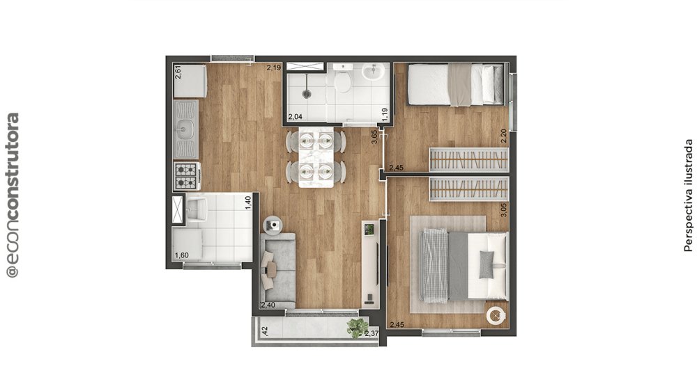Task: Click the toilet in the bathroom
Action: point(343,79)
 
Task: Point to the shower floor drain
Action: point(306,94)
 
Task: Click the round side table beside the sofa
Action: point(273,225)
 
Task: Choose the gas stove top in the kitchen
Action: point(186,176)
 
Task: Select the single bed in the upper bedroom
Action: point(456,84)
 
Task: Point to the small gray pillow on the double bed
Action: point(487,264)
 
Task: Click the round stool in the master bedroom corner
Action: point(496,316)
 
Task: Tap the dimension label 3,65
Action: point(375,136)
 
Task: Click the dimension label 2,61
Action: point(178,72)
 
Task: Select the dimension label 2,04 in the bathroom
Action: point(295,117)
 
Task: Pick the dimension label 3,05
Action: point(504,209)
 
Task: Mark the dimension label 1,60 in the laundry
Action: point(182,255)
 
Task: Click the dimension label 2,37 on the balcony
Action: point(372,334)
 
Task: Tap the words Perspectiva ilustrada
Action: point(688,195)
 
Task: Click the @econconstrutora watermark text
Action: point(13,195)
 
